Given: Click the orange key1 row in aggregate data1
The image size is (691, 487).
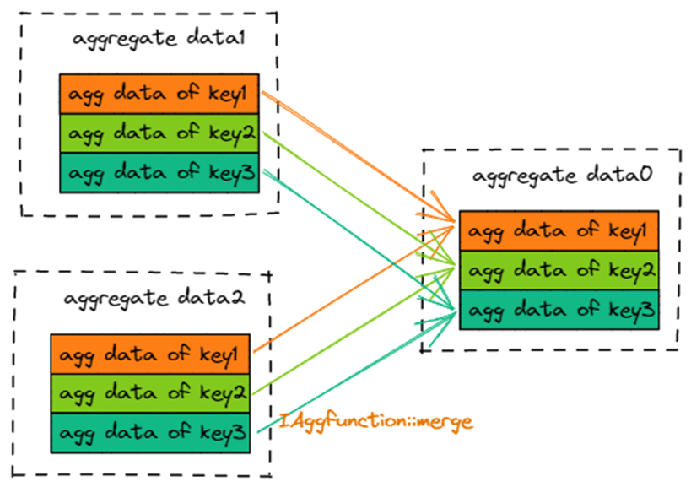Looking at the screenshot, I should [159, 94].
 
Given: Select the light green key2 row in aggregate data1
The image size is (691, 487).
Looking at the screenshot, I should [159, 133].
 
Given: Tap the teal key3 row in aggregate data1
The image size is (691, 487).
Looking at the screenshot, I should [159, 173].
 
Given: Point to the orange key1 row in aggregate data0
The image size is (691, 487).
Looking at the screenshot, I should [558, 231].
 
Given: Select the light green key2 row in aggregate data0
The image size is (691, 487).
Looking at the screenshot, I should [558, 270].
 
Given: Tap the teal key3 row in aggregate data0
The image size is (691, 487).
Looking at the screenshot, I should [558, 310].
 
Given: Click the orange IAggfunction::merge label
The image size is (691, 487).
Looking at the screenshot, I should [375, 419].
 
